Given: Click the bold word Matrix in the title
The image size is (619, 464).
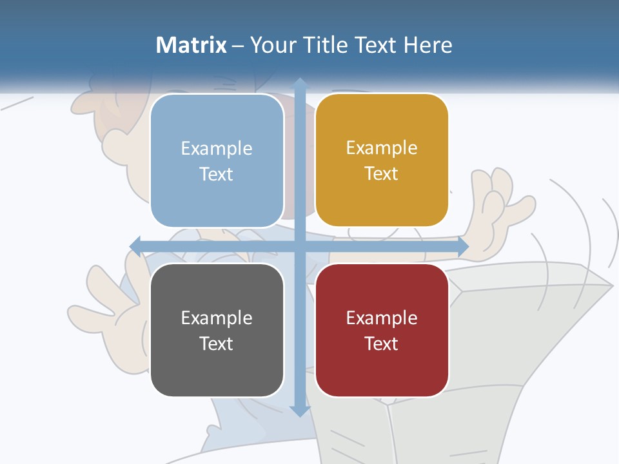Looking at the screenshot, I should click(x=192, y=45).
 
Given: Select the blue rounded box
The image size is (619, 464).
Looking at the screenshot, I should click(x=217, y=160).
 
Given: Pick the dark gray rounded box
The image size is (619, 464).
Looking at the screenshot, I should click(x=217, y=330).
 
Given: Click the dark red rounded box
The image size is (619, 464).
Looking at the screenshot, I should click(x=382, y=330).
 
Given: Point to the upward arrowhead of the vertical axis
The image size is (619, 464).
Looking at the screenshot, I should click(x=300, y=84).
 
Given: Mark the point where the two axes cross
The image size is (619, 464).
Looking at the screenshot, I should click(x=300, y=246).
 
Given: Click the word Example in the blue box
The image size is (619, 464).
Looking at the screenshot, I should click(x=217, y=149).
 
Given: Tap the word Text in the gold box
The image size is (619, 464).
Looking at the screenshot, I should click(x=382, y=174).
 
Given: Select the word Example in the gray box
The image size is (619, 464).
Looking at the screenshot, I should click(x=217, y=318).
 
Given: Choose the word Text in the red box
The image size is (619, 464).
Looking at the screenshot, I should click(x=382, y=343).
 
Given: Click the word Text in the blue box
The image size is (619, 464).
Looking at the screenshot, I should click(x=217, y=175).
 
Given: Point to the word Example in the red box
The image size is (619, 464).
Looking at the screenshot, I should click(x=382, y=318).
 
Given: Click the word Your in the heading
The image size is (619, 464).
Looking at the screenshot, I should click(x=271, y=45).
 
